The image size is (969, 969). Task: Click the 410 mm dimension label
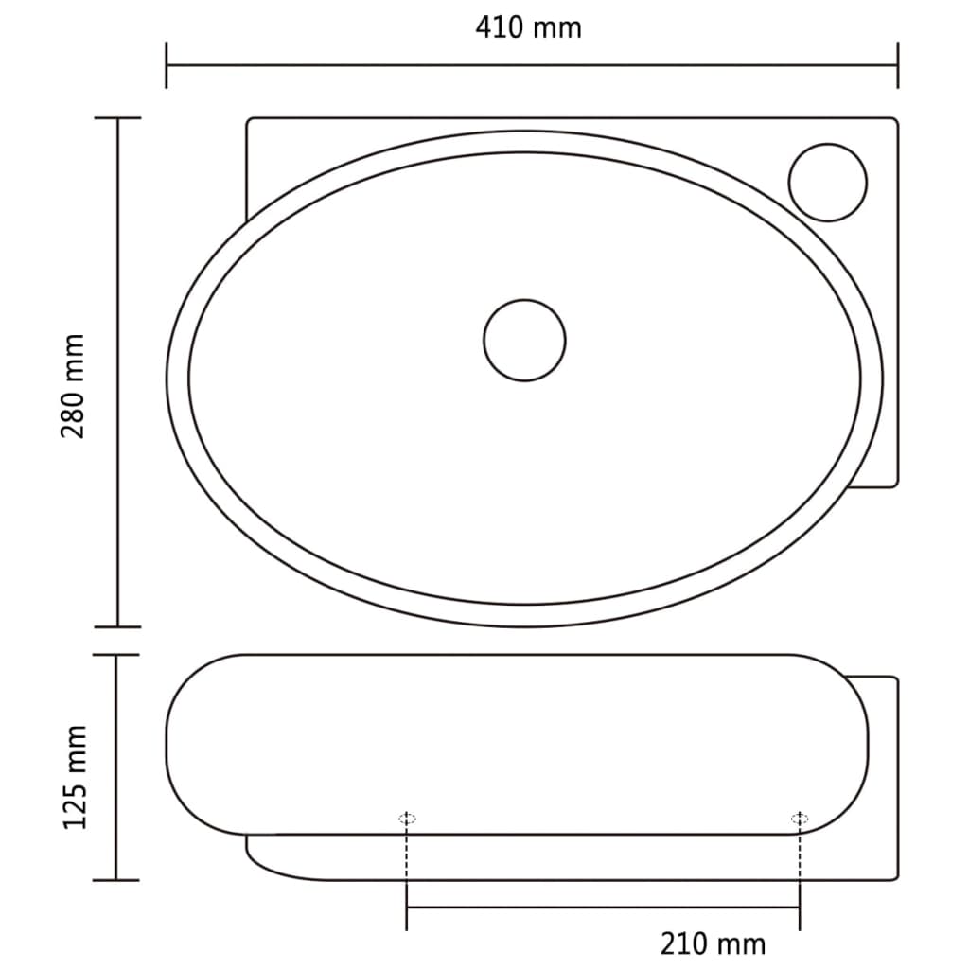pyautogui.click(x=528, y=27)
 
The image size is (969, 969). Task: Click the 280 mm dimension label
pyautogui.click(x=74, y=385)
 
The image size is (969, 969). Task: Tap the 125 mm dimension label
pyautogui.click(x=75, y=777)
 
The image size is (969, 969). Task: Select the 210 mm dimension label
pyautogui.click(x=713, y=943)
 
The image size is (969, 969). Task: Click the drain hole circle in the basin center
pyautogui.click(x=524, y=341)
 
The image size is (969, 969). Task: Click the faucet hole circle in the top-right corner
pyautogui.click(x=828, y=183)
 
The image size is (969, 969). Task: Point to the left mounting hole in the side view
pyautogui.click(x=407, y=819)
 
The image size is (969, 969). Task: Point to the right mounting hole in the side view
pyautogui.click(x=800, y=818)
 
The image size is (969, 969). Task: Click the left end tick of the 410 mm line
pyautogui.click(x=167, y=65)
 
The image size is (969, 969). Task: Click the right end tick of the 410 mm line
pyautogui.click(x=897, y=65)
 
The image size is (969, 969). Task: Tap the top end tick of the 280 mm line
pyautogui.click(x=117, y=118)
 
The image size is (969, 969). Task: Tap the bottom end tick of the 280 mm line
pyautogui.click(x=117, y=626)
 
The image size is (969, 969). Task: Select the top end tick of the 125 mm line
pyautogui.click(x=117, y=655)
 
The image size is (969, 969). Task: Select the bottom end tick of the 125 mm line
pyautogui.click(x=117, y=880)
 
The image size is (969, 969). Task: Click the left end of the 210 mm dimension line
pyautogui.click(x=407, y=908)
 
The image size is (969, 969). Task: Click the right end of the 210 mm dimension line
pyautogui.click(x=800, y=908)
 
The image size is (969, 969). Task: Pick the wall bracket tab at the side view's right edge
pyautogui.click(x=882, y=776)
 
